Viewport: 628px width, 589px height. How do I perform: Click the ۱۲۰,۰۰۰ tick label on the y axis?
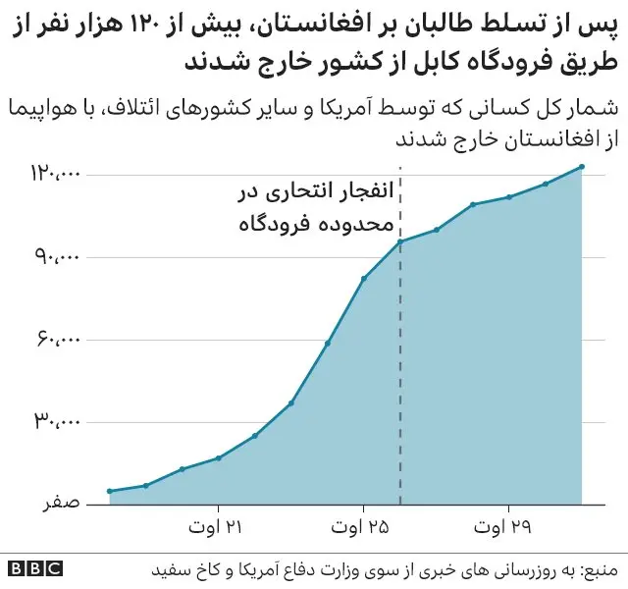(54, 175)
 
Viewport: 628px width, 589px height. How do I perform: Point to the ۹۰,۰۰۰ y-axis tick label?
(58, 257)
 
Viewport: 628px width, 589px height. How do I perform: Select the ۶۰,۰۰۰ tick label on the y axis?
(58, 340)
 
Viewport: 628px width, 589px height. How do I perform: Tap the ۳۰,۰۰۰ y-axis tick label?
(58, 422)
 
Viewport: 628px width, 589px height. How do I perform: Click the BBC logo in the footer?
(33, 569)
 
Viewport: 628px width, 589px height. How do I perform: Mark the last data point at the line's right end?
(582, 167)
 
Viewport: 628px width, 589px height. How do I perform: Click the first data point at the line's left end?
(110, 491)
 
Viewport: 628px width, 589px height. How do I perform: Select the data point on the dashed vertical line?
(400, 241)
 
